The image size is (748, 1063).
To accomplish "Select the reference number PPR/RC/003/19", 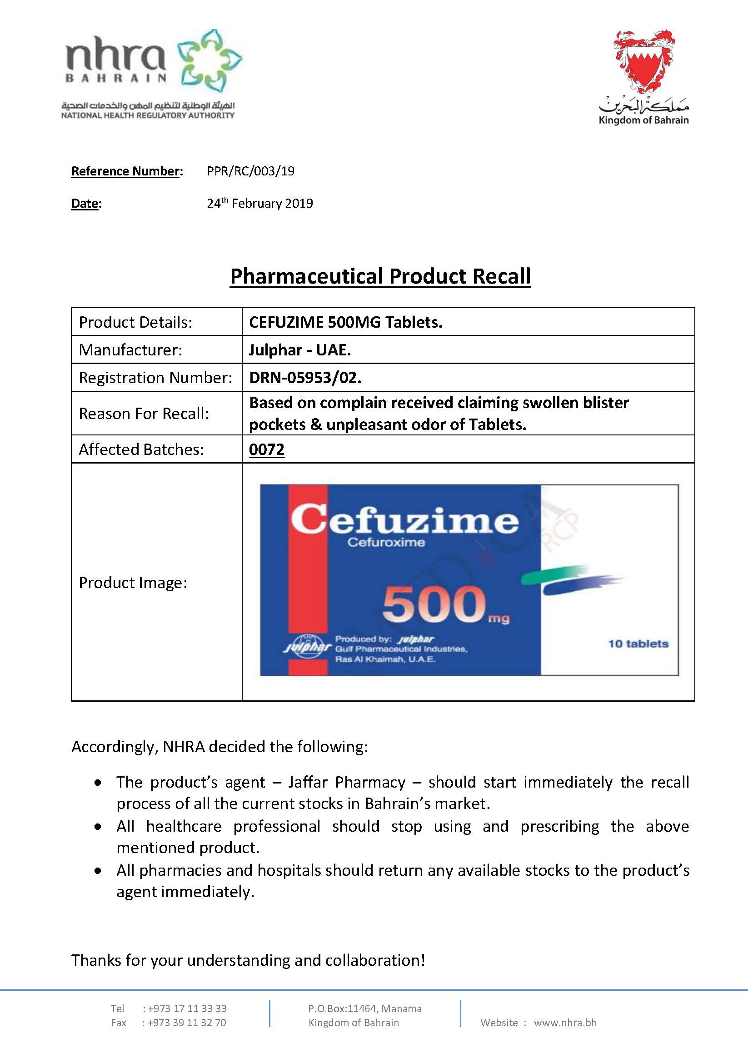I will coord(250,171).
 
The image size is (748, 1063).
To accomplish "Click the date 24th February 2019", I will coord(259,203).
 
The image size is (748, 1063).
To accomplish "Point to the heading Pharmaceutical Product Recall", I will coord(380,276).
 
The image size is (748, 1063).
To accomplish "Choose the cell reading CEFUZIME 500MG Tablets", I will coord(345,322).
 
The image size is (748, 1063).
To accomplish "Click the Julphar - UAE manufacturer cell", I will coord(300,350).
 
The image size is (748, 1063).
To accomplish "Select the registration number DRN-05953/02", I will coord(305,378).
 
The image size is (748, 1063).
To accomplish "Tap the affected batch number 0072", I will coord(267,449).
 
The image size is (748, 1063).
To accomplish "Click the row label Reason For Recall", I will coord(144,414).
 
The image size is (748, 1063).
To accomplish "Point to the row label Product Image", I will coord(133,583).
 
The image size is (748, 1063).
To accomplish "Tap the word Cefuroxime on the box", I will coord(386,542).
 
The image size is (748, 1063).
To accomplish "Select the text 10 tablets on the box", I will coord(638,644).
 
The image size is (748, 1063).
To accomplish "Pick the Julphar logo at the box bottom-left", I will coord(307,645).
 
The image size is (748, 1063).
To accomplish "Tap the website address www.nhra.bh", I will coord(565,1023).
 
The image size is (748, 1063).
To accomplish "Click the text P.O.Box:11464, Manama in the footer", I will coord(365,1008).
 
